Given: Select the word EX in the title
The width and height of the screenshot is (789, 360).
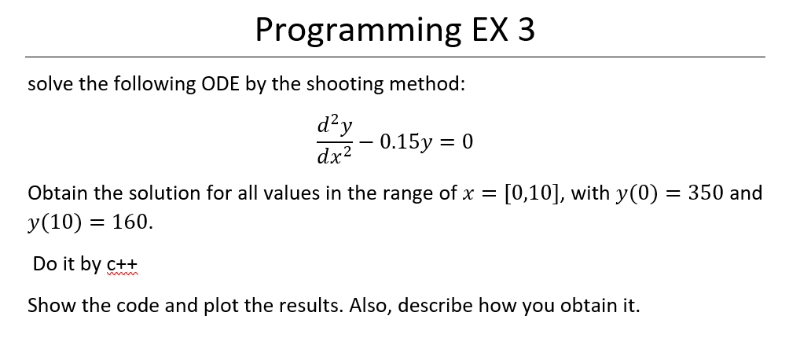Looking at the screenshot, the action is click(x=490, y=29).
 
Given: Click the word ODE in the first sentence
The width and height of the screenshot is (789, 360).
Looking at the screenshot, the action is click(x=220, y=83).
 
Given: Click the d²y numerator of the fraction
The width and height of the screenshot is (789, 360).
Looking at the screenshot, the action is click(x=335, y=125).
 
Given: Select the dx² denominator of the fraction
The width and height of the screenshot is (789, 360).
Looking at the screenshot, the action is click(x=335, y=156).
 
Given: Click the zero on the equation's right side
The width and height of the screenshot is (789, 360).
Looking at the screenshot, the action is click(x=467, y=142).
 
